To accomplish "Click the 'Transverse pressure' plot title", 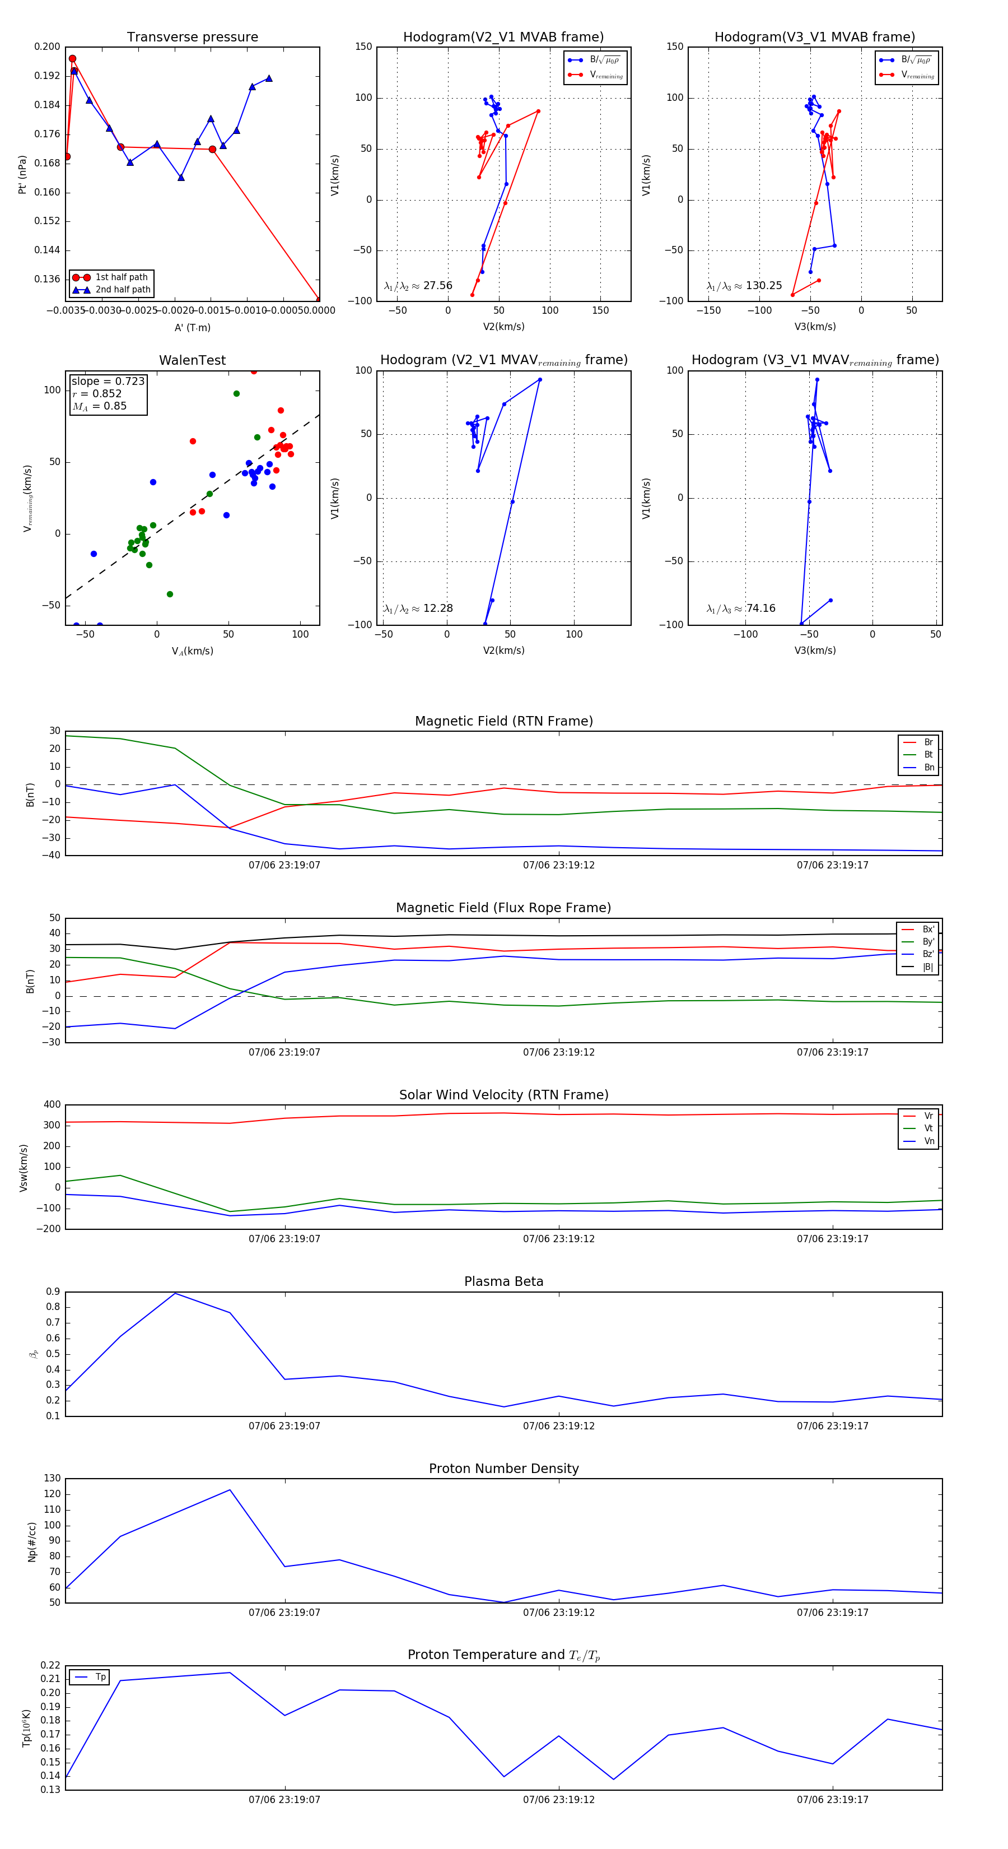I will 192,38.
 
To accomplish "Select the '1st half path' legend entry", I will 120,277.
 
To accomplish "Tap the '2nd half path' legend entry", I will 123,290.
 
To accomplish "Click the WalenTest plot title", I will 192,360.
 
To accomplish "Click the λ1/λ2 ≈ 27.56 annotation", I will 418,286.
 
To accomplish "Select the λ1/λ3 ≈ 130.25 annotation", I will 744,286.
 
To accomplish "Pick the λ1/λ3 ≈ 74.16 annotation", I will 740,608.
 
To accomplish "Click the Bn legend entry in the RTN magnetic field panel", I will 928,767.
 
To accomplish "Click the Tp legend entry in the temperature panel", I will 100,1677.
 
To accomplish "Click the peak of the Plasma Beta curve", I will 175,1293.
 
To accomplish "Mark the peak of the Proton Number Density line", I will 230,1489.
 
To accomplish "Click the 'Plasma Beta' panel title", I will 503,1281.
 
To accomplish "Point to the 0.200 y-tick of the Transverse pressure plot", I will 48,47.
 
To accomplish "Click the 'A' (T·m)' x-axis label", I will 192,327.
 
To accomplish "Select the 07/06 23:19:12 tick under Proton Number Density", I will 558,1612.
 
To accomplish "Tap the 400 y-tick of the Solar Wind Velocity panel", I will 53,1105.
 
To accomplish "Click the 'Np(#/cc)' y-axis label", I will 31,1542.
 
